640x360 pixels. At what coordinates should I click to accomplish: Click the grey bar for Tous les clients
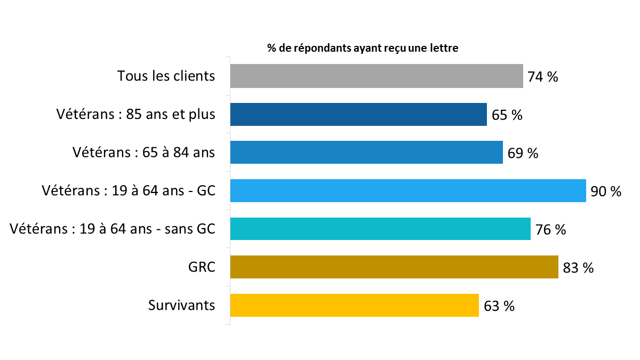tap(376, 76)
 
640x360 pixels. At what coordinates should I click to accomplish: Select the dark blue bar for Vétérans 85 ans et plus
tap(358, 114)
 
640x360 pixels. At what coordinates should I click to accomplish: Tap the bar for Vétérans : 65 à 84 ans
tap(366, 153)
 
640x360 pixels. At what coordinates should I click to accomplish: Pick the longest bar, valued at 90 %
tap(408, 191)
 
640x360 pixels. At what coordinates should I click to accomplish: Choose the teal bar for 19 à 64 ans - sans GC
tap(380, 229)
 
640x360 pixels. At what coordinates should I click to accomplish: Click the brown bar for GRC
tap(394, 267)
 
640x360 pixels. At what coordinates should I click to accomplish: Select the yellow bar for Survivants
tap(354, 305)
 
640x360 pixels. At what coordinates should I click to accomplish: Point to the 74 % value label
tap(542, 77)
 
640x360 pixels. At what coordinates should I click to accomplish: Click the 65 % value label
tap(507, 115)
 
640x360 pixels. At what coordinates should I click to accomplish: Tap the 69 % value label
tap(523, 154)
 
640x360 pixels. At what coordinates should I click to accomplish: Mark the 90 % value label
tap(606, 191)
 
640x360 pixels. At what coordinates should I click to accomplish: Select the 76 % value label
tap(550, 230)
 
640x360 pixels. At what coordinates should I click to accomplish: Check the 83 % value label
tap(578, 268)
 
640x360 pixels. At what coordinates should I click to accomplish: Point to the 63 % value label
tap(499, 306)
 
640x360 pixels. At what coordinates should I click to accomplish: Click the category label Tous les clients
tap(166, 76)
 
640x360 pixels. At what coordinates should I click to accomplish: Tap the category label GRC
tap(202, 267)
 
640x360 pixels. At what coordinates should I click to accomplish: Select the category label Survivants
tap(181, 305)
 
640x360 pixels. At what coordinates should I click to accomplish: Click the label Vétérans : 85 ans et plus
tap(135, 114)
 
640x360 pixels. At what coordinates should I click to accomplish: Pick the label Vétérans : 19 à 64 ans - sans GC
tap(113, 229)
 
